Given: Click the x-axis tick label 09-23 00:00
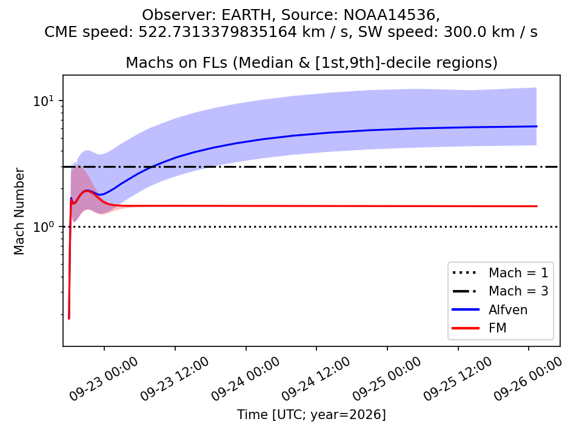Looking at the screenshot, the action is click(x=104, y=379).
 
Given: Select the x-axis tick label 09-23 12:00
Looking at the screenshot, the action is click(x=175, y=379).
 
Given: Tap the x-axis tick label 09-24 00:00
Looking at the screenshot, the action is click(x=246, y=379).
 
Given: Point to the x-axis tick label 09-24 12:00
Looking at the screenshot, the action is click(x=316, y=379).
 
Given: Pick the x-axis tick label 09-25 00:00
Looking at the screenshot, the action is click(x=387, y=379).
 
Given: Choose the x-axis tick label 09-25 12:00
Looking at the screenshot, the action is click(x=458, y=379).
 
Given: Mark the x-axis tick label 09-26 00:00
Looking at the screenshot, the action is click(x=528, y=379).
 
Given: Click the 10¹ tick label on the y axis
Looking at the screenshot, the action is click(x=44, y=101).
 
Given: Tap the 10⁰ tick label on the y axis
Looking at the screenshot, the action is click(x=44, y=226).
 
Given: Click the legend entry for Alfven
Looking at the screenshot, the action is click(x=490, y=309).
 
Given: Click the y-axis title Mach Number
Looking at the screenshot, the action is click(x=19, y=211).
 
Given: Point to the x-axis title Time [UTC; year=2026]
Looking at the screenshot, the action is click(x=312, y=414).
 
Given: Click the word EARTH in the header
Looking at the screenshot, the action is click(x=246, y=15).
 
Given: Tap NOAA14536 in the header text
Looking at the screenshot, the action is click(x=389, y=15).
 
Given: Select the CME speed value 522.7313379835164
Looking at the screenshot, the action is click(x=218, y=32).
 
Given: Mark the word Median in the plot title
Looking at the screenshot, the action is click(x=263, y=62).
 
